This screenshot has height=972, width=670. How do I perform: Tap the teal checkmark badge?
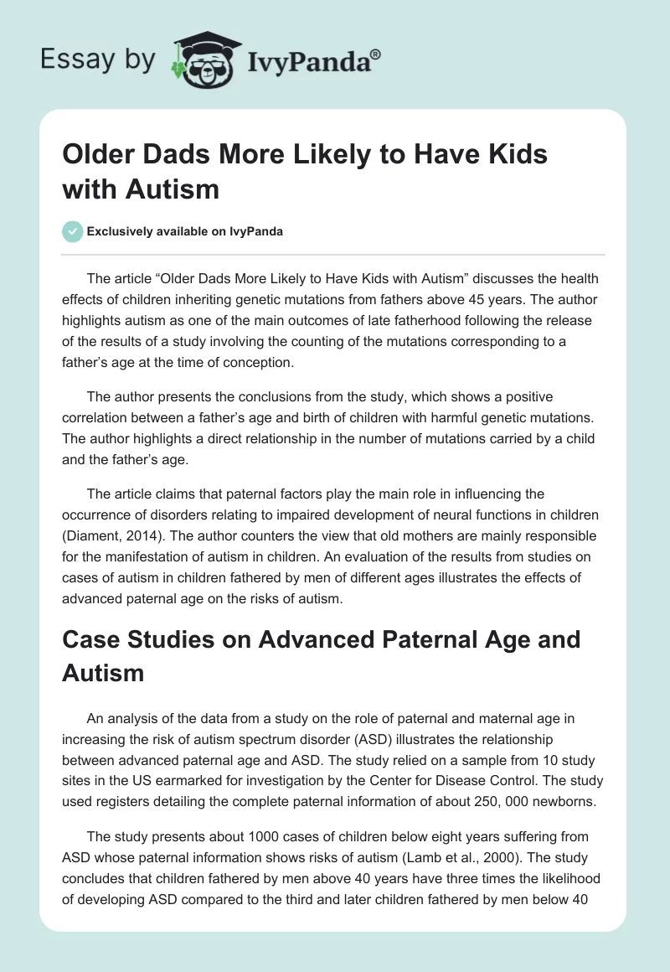click(x=72, y=231)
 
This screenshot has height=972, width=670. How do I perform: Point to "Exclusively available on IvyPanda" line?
click(x=185, y=232)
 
